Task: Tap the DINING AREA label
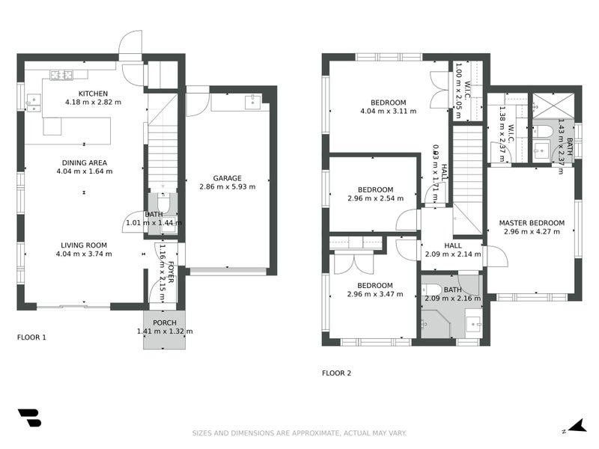coord(84,162)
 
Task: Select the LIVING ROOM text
coord(84,245)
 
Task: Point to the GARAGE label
coord(227,178)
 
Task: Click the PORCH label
coord(164,323)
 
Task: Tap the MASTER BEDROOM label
coord(532,223)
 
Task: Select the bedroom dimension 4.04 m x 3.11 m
coord(388,112)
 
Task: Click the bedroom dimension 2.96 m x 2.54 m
coord(375,199)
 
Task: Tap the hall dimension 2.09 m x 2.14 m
coord(452,254)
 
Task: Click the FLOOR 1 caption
coord(31,337)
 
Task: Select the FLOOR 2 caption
coord(336,373)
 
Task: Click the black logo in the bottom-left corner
coord(29,418)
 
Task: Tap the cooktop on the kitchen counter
coord(61,74)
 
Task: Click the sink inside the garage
coord(253,99)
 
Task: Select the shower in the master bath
coord(553,105)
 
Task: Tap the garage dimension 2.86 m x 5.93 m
coord(227,187)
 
